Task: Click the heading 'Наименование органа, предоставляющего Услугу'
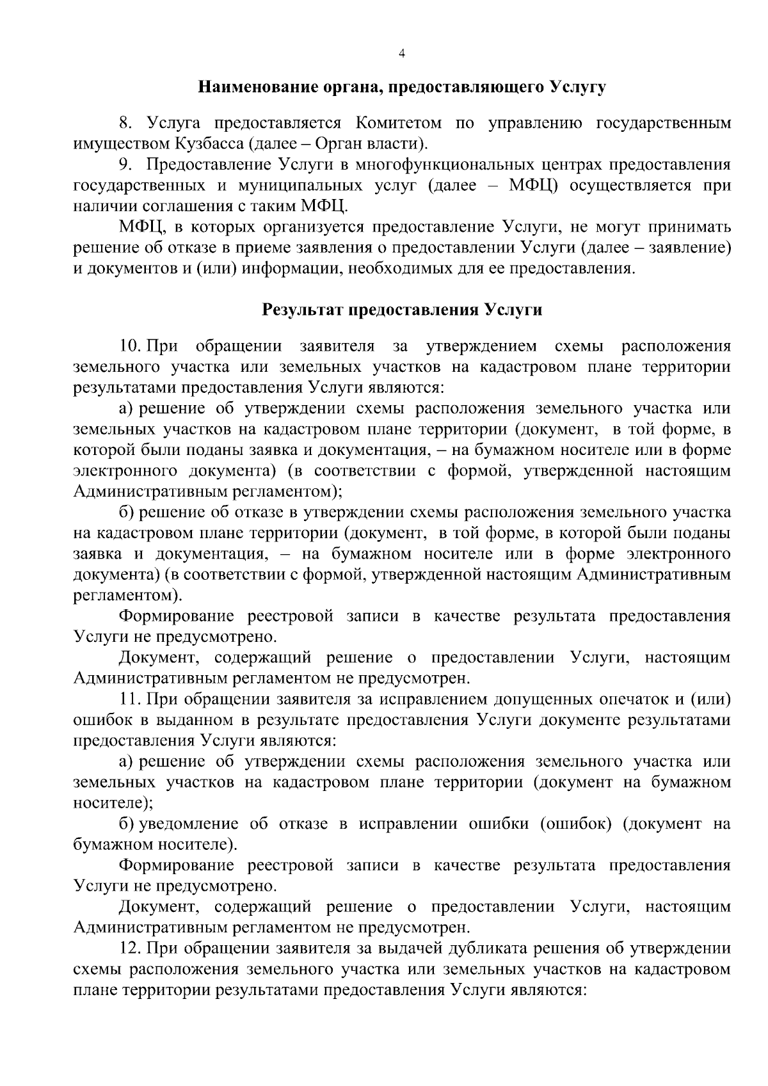coord(401,87)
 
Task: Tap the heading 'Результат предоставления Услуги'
coord(402,310)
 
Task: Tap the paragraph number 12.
coord(131,948)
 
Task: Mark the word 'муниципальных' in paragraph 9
coord(296,186)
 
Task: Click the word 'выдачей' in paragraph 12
coord(411,948)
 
